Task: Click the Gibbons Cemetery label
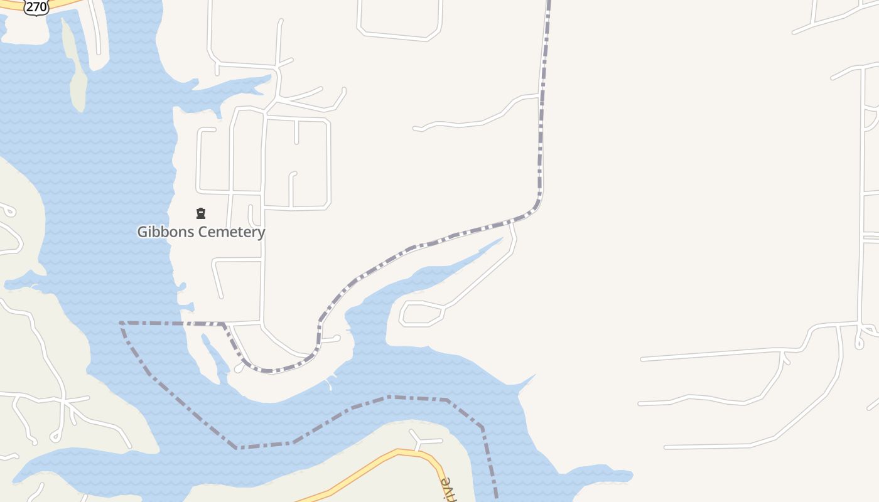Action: click(201, 232)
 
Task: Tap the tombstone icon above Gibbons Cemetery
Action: click(201, 213)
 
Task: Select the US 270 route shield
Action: click(37, 8)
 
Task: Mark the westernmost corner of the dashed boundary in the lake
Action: click(121, 323)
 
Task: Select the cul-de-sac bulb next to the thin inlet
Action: click(239, 369)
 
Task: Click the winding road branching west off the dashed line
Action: click(477, 119)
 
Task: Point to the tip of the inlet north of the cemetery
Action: click(271, 78)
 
